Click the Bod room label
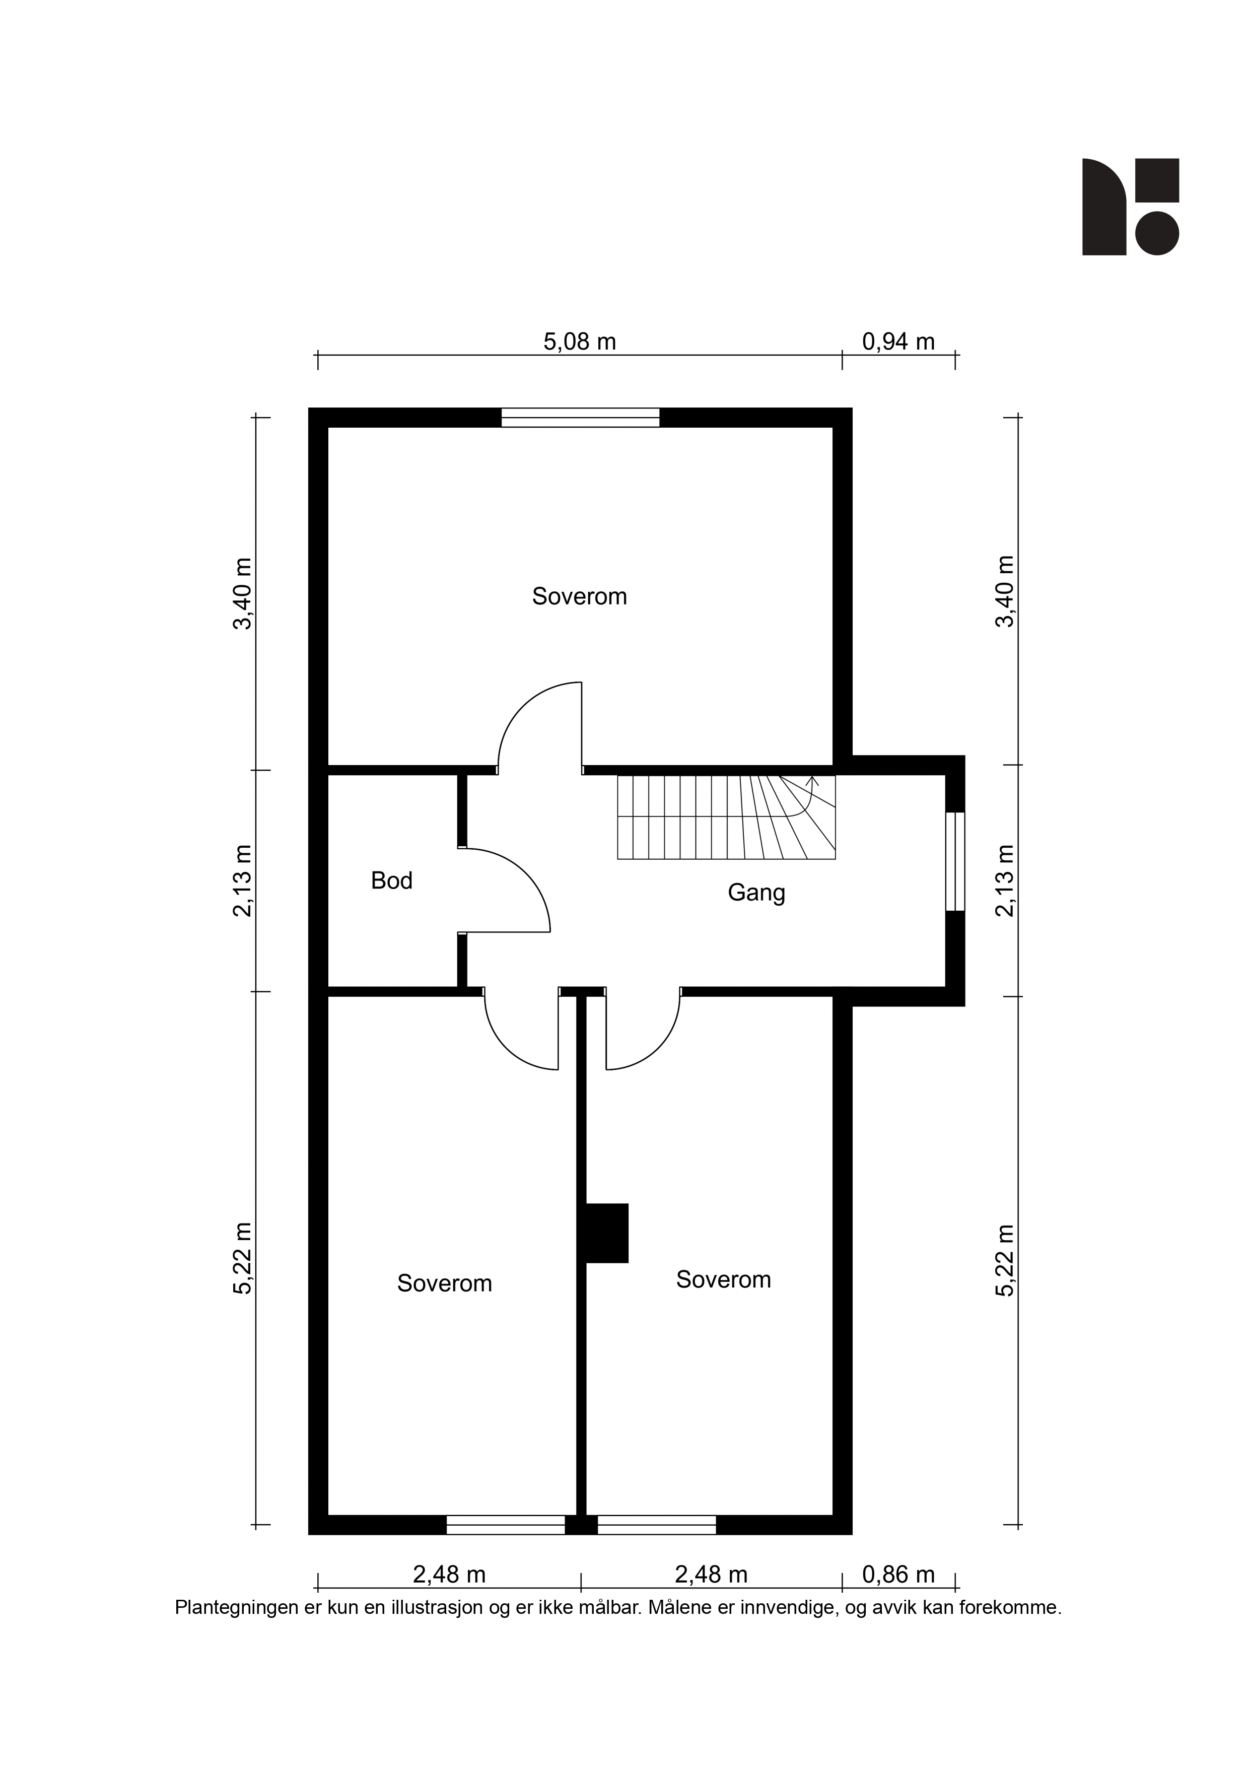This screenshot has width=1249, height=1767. [x=392, y=880]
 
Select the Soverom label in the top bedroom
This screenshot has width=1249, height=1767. [x=580, y=596]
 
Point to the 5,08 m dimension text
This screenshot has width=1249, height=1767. [x=580, y=342]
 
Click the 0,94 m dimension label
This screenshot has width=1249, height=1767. [x=898, y=342]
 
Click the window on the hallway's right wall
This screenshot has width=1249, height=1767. [x=955, y=861]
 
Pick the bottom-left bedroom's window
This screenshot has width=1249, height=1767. [x=506, y=1525]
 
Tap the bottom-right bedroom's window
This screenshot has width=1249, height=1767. [x=656, y=1525]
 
